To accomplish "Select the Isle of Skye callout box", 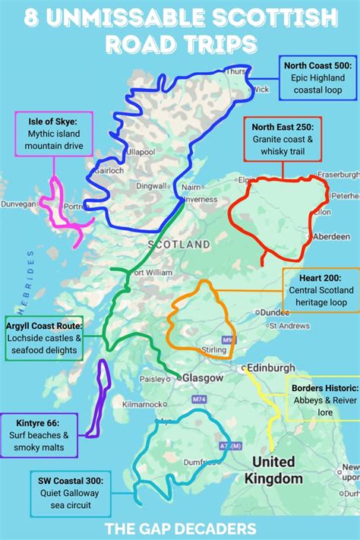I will (x=52, y=133).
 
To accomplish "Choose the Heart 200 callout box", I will (x=321, y=289).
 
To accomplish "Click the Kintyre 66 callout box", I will (x=39, y=435).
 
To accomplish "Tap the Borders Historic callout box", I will (x=323, y=400).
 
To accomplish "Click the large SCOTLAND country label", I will (x=178, y=245).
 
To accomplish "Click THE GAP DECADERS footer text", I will (x=180, y=527).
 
